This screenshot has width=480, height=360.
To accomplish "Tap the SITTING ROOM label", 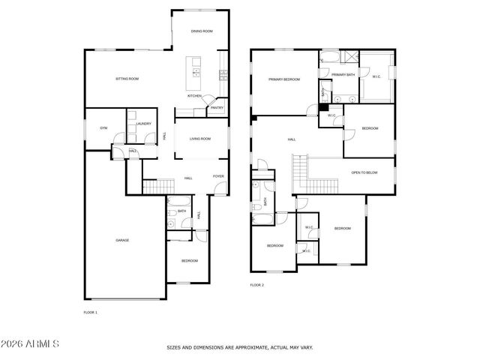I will click(x=127, y=79).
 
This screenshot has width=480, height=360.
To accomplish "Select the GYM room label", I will click(x=103, y=128).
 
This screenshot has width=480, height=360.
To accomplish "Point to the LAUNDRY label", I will click(x=144, y=124).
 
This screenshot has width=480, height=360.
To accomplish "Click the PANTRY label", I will click(x=216, y=107).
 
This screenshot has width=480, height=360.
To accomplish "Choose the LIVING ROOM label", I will click(x=199, y=139).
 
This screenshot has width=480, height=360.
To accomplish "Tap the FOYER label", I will click(x=218, y=177).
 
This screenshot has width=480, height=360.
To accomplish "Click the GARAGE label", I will click(x=122, y=240).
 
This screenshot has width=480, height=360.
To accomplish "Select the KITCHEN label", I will click(x=194, y=96).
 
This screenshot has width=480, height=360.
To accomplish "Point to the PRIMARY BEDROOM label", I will click(x=285, y=79).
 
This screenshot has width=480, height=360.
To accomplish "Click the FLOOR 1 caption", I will click(x=90, y=311).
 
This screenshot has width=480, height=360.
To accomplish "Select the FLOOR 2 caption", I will click(x=256, y=285).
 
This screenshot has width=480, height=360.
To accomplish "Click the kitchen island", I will click(x=196, y=68).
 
